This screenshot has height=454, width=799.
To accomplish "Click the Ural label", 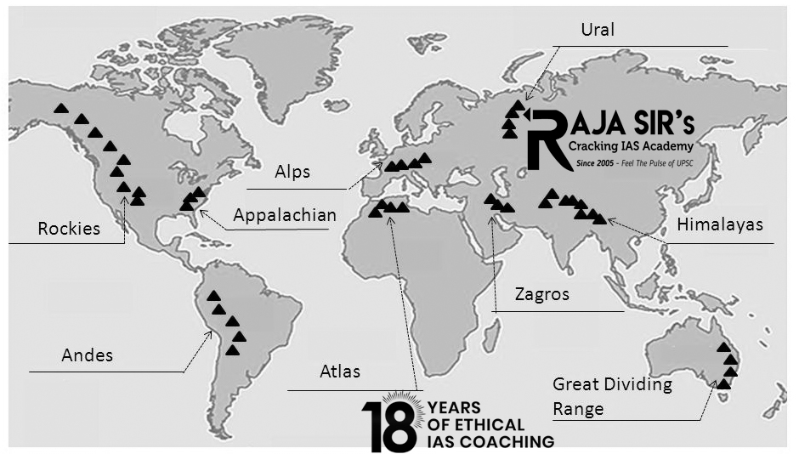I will [598, 31].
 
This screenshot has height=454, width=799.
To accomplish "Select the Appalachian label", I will [285, 214].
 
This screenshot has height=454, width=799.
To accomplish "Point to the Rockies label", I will [69, 228].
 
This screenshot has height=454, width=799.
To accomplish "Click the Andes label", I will [88, 355].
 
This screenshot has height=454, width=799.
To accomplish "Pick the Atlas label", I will [340, 372].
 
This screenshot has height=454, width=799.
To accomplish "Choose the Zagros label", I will [541, 295].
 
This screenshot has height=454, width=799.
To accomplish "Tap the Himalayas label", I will [720, 225].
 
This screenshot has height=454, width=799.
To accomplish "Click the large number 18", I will [392, 423].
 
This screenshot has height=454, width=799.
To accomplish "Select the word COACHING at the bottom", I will [513, 441].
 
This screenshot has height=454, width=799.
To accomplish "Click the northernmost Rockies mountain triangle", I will [60, 108].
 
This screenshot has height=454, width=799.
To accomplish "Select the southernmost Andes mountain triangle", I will [232, 349].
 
